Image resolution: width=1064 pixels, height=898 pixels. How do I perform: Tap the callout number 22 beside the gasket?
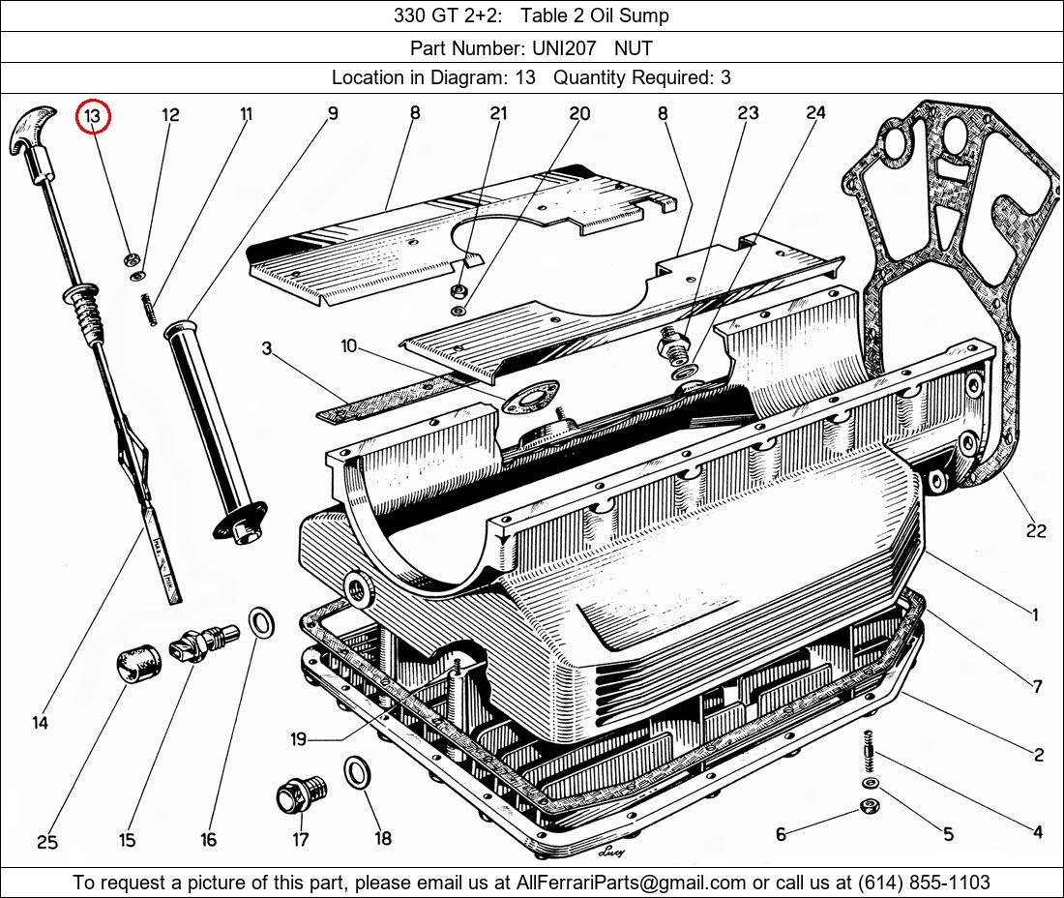[1036, 530]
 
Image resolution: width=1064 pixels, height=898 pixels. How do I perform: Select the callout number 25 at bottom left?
[47, 842]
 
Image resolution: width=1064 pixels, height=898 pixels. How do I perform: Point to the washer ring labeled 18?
[357, 774]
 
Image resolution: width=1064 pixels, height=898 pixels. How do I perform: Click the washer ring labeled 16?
[260, 623]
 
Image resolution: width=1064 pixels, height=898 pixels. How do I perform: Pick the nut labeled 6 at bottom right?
[870, 807]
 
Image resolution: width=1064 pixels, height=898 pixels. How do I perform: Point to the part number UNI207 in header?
[561, 46]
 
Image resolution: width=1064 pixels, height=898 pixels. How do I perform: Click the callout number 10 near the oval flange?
[349, 345]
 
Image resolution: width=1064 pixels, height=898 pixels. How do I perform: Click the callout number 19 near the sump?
[298, 739]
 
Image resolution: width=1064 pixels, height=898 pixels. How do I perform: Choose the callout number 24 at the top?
[815, 113]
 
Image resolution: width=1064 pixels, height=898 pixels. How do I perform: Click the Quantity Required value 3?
[725, 77]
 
